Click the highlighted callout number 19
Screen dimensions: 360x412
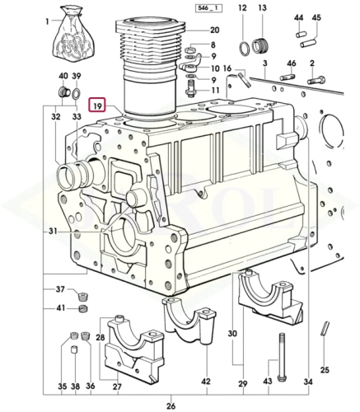[x=98, y=106]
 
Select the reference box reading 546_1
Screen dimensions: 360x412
[x=208, y=8]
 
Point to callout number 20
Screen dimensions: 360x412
[x=214, y=30]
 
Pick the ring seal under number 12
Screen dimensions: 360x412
[x=244, y=49]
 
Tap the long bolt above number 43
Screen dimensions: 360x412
[x=282, y=357]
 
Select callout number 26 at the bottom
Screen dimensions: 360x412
[x=171, y=405]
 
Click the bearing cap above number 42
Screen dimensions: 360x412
[x=189, y=319]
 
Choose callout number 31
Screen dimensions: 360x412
[x=53, y=232]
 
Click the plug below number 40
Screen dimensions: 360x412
[x=64, y=91]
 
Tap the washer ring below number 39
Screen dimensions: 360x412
[x=76, y=93]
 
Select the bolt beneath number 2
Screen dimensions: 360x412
[x=316, y=80]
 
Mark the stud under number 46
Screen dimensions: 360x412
[x=288, y=77]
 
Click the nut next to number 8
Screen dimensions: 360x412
[x=189, y=50]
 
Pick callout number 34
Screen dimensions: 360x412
[x=308, y=382]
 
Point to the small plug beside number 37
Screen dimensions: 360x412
[x=82, y=296]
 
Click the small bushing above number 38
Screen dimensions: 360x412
[x=74, y=349]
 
